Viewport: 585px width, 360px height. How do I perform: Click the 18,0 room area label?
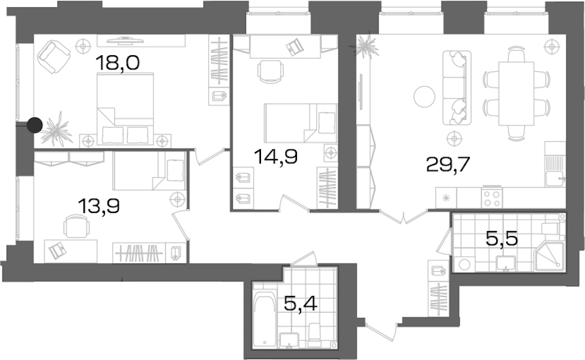coord(118,62)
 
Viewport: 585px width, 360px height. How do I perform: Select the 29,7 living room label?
coord(448,164)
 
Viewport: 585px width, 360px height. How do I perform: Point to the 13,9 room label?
coord(99,206)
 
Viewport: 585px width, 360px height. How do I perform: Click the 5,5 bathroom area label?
coord(502,238)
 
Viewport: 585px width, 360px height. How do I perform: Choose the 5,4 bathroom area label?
coord(301,302)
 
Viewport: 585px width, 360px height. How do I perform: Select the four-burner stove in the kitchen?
coord(492,198)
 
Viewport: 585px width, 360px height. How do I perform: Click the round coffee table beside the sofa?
coord(424,96)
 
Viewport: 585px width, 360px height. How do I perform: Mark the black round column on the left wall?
coord(35,125)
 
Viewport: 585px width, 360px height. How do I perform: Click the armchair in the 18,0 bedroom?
coord(54,57)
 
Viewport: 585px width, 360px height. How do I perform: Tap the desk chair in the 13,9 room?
coord(76,226)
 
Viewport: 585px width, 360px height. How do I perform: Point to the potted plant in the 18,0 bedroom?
coord(56,128)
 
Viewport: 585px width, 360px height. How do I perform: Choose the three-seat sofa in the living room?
coord(457,88)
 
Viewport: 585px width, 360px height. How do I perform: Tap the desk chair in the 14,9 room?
coord(271,71)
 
